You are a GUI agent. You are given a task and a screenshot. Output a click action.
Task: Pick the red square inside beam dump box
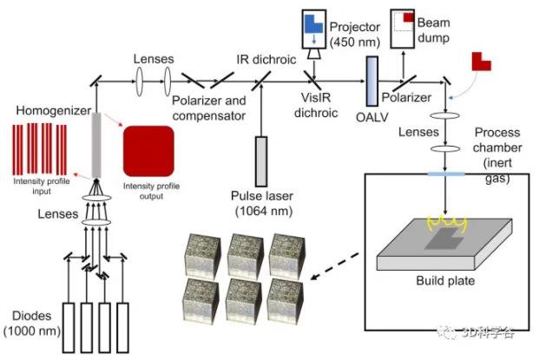click(x=407, y=16)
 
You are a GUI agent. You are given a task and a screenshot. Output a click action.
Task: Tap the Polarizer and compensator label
click(x=214, y=108)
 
